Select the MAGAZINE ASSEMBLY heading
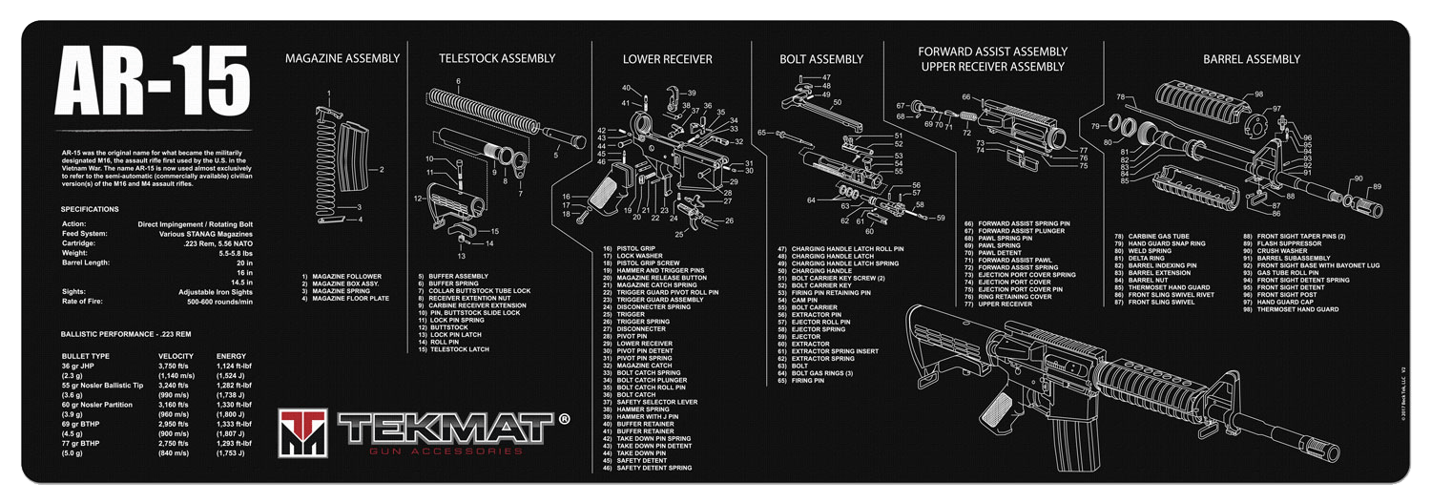click(342, 59)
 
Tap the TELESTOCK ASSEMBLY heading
click(496, 59)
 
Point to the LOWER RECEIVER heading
click(668, 59)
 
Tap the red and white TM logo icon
click(304, 431)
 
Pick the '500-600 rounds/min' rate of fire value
click(220, 302)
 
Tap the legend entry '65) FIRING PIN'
click(800, 381)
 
